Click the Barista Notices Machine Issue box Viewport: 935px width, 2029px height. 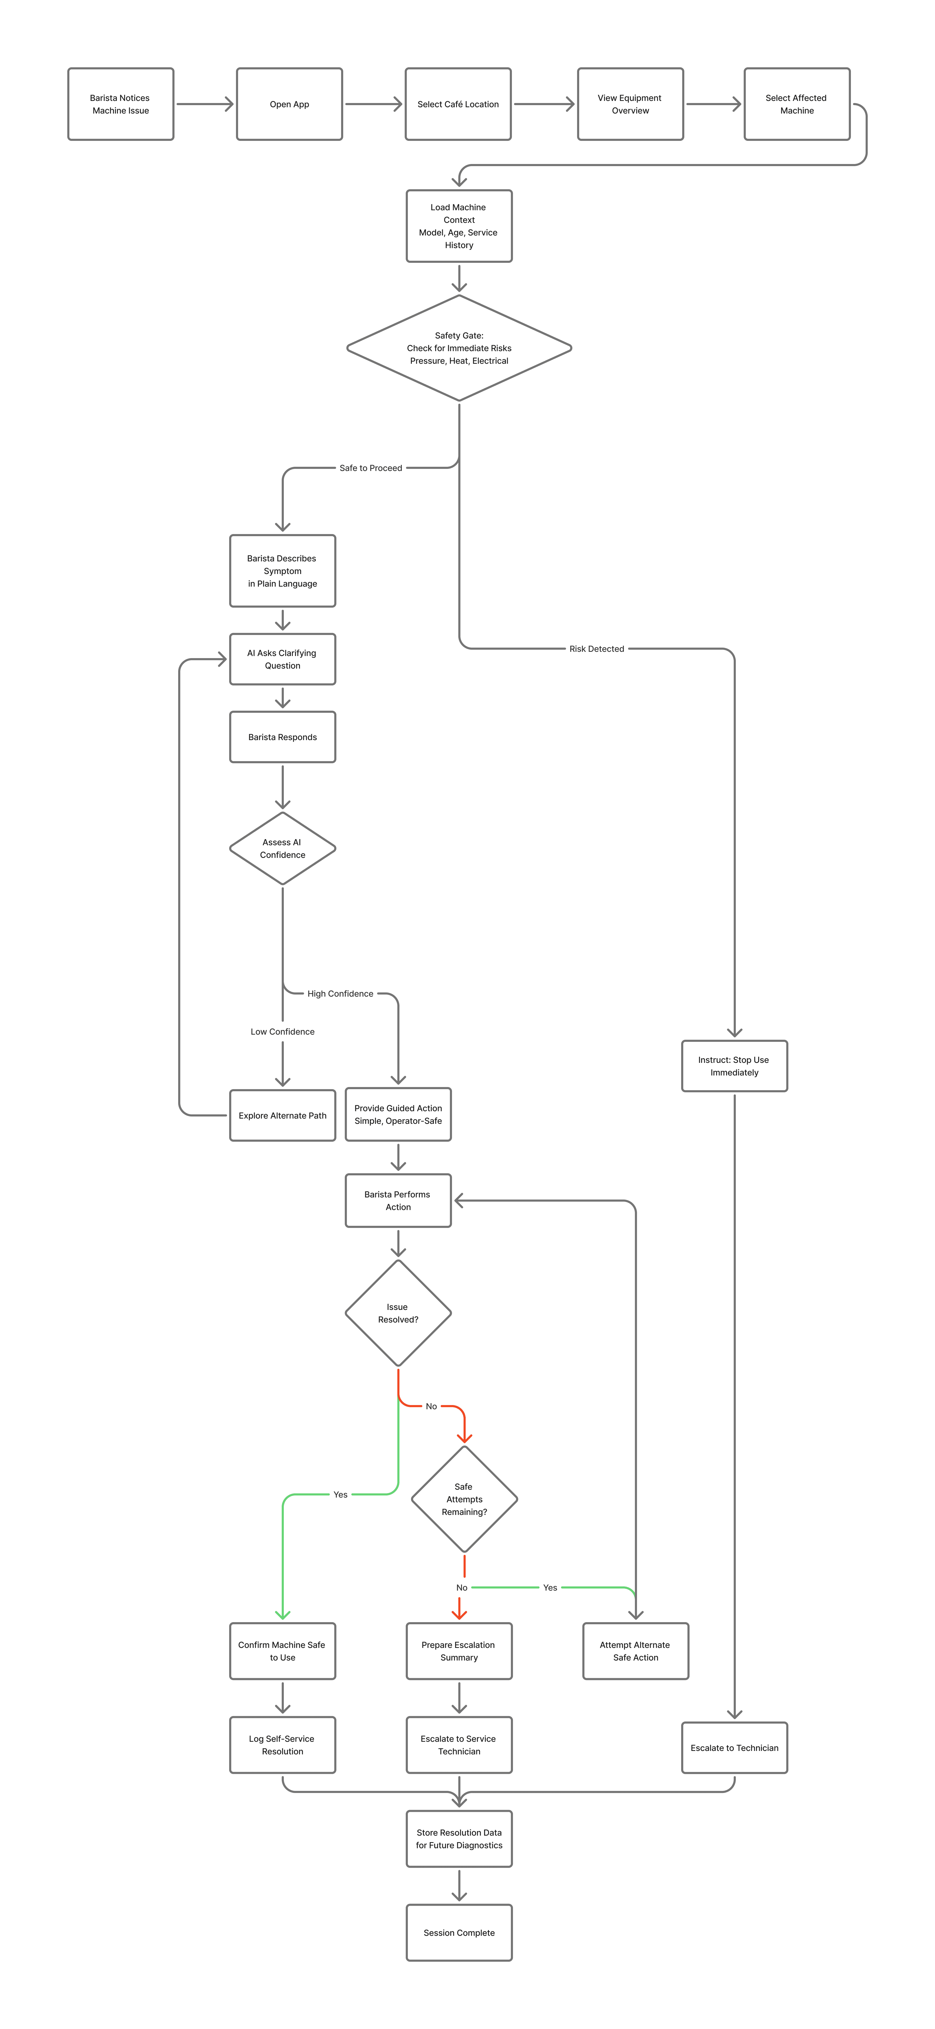coord(121,104)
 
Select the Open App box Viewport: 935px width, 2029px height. coord(289,104)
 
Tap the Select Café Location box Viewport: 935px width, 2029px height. coord(458,104)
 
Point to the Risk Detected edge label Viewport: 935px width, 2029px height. coord(596,649)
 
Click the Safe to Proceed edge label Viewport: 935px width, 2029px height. coord(370,468)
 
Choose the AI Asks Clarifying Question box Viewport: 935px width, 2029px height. coord(282,659)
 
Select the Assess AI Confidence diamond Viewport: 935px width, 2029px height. coord(282,848)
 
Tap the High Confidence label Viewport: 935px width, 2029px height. coord(340,994)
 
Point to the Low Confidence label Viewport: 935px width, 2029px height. coord(282,1032)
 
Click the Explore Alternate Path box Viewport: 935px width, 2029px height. coord(282,1115)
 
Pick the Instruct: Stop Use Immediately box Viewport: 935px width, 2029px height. coord(734,1067)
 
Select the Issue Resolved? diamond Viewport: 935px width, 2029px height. coord(398,1313)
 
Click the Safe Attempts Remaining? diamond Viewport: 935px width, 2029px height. coord(464,1499)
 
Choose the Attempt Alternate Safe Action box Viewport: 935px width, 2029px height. coord(635,1651)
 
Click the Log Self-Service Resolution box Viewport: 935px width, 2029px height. coord(282,1745)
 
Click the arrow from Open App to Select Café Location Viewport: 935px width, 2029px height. coord(373,104)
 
